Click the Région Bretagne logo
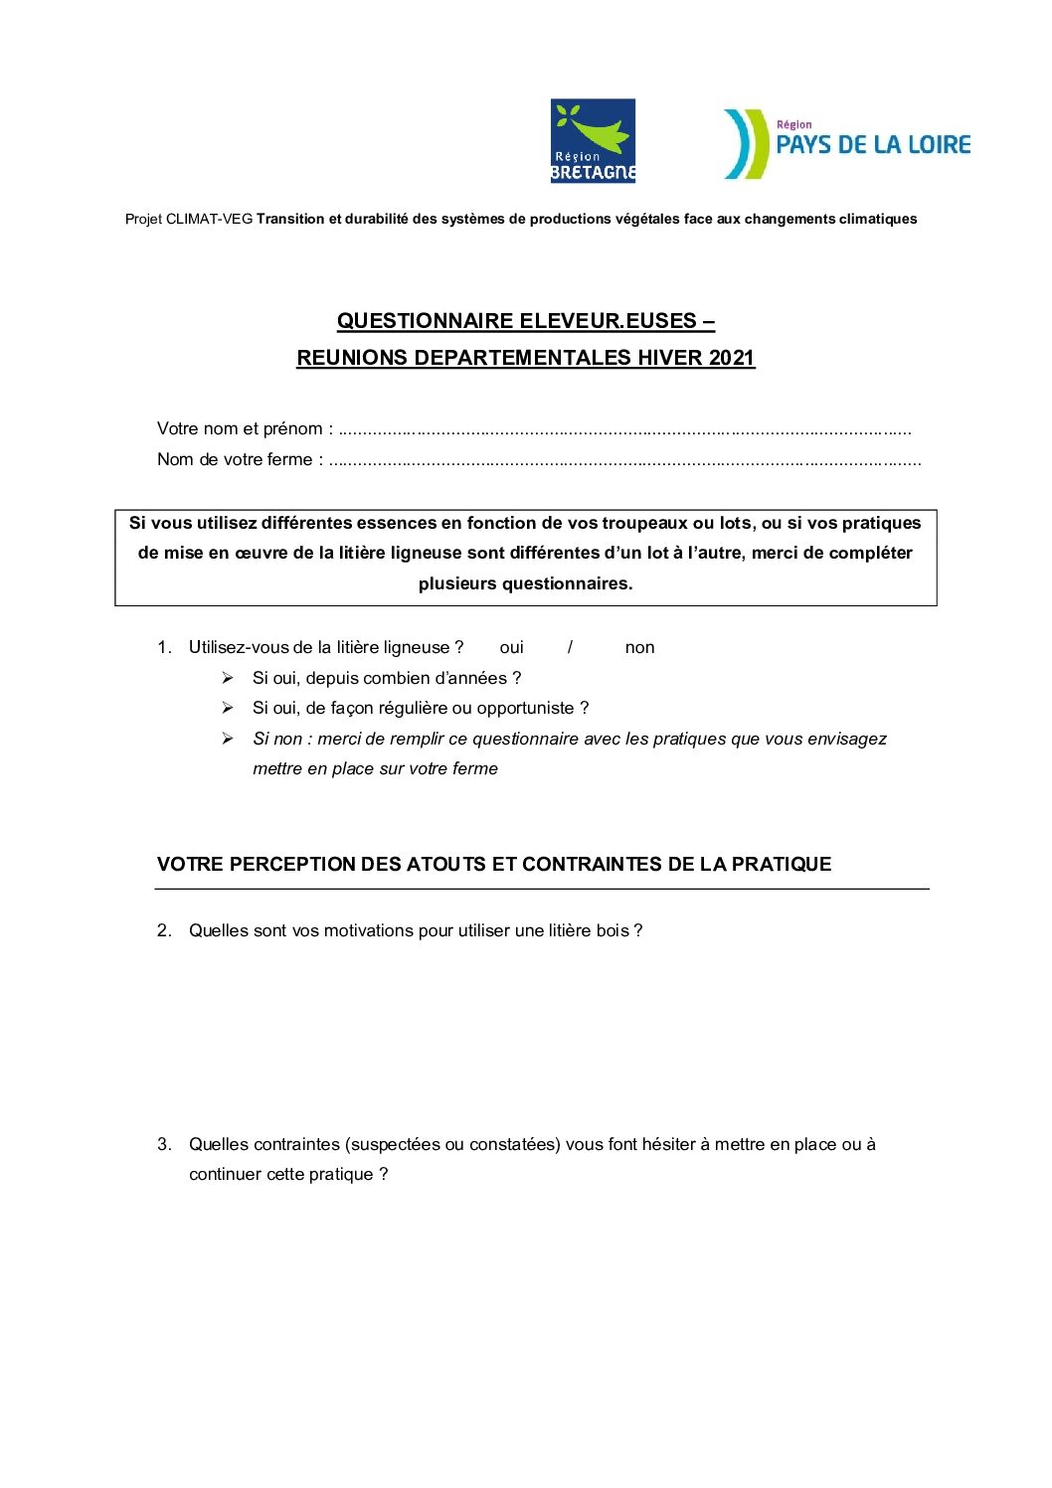[593, 140]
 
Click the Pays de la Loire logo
[846, 144]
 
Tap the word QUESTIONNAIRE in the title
[417, 321]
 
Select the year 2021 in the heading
[732, 358]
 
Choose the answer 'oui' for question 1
[511, 648]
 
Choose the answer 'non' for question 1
[639, 648]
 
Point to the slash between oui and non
[570, 648]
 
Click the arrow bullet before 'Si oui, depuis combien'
[228, 678]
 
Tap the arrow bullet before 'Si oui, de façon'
[228, 708]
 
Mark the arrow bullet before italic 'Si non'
[228, 739]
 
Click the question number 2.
[164, 930]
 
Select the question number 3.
[164, 1144]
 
